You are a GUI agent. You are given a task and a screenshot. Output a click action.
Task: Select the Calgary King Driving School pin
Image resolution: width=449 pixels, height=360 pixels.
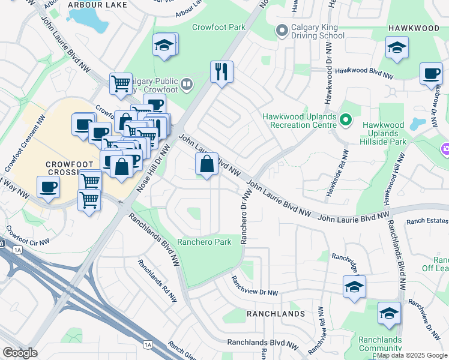282,31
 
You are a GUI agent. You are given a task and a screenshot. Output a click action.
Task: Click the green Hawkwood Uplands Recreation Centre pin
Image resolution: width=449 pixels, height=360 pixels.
345,120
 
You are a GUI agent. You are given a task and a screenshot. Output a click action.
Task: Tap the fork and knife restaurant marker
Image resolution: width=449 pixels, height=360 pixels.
221,73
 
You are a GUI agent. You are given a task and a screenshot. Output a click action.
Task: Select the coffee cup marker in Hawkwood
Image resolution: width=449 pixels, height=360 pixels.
430,74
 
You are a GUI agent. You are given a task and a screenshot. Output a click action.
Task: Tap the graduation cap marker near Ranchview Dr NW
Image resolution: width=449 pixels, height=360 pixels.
354,286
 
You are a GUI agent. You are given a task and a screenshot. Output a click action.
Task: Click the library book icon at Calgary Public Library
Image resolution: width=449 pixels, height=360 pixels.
187,85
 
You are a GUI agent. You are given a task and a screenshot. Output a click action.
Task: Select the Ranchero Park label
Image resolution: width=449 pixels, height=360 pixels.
204,243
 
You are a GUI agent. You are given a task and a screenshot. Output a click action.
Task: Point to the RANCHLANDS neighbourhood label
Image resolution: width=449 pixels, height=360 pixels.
276,314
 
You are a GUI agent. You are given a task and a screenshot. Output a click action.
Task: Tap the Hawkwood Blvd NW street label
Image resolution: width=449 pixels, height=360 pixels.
364,71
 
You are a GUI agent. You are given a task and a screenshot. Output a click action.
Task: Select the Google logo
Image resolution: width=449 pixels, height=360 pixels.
20,353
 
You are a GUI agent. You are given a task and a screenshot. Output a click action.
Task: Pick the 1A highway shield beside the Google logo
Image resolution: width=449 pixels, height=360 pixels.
148,344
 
